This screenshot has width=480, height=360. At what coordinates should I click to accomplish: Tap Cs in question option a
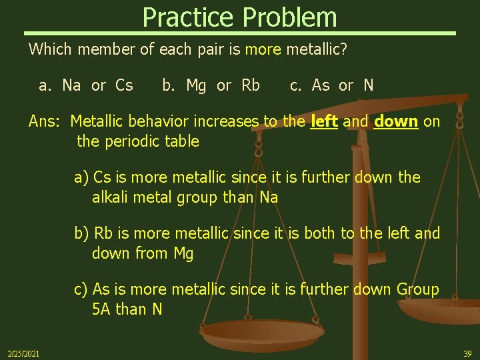pos(124,85)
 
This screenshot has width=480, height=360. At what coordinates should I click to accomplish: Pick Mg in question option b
pos(197,85)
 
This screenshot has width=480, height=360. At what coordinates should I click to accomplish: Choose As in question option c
pos(321,85)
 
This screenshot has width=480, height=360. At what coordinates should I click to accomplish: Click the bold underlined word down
pos(396,121)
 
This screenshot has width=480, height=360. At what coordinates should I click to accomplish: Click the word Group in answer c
pos(418,289)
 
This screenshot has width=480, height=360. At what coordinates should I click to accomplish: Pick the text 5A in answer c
pos(102,309)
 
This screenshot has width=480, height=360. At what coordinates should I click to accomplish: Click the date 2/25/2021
pos(23,353)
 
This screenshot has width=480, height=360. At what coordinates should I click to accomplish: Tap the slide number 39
pos(467,353)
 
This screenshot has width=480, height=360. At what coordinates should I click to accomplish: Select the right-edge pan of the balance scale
pos(443,312)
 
